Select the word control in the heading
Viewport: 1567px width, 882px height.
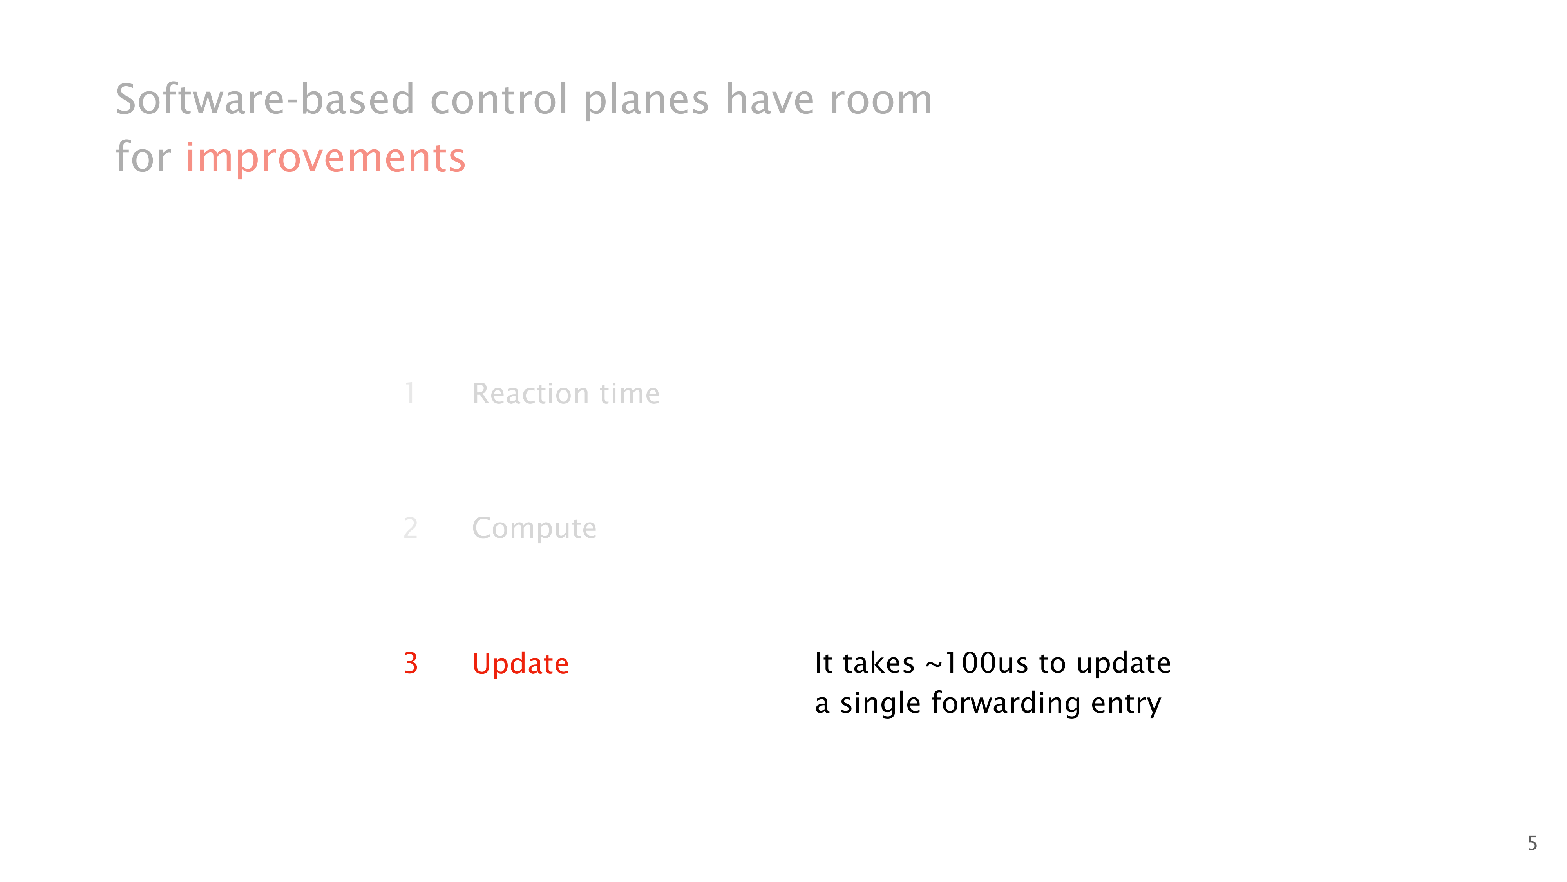pos(499,99)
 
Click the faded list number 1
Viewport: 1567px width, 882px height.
pos(410,393)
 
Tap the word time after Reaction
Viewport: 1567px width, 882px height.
pos(630,393)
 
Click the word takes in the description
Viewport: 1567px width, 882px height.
pos(878,663)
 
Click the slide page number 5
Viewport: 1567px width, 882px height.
pos(1532,844)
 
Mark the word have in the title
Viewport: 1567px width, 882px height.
pos(769,99)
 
